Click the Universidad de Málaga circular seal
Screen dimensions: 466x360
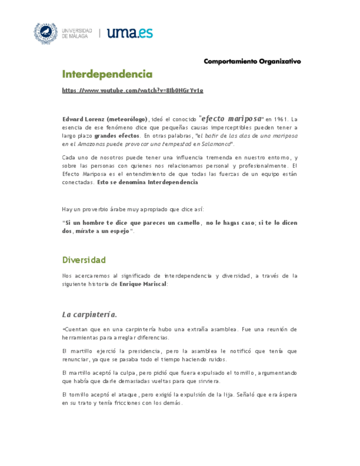(x=46, y=34)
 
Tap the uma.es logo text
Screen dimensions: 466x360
(x=130, y=33)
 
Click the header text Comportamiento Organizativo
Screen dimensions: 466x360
(x=252, y=61)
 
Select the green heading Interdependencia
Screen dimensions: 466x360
(x=107, y=74)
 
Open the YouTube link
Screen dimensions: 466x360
(x=132, y=90)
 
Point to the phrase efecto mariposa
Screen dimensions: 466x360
(x=231, y=118)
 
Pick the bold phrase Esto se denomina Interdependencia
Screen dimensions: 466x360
(x=147, y=182)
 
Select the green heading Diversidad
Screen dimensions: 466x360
(x=84, y=259)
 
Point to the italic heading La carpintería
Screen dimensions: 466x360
(x=90, y=314)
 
